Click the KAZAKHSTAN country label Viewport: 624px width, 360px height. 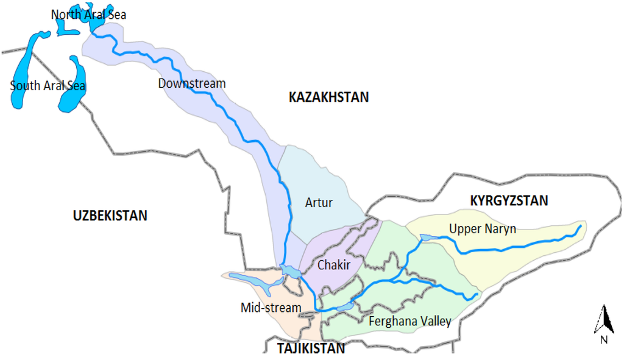[328, 97]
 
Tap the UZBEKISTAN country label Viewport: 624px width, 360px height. [110, 216]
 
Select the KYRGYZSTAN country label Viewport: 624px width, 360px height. [509, 200]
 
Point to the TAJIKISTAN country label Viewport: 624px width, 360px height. [311, 348]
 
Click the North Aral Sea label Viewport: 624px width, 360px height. [88, 15]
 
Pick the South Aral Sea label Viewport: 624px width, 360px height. [48, 86]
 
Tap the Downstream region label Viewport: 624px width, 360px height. [191, 83]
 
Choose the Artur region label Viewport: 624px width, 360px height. [319, 202]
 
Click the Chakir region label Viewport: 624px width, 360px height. [334, 265]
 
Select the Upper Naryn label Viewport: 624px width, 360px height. [483, 229]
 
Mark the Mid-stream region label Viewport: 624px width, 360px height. [271, 308]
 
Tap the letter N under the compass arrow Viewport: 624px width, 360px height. [603, 340]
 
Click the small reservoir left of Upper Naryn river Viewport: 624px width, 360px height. [427, 237]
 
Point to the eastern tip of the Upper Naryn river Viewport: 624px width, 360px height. [580, 227]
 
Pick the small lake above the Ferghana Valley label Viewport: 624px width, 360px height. [345, 306]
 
